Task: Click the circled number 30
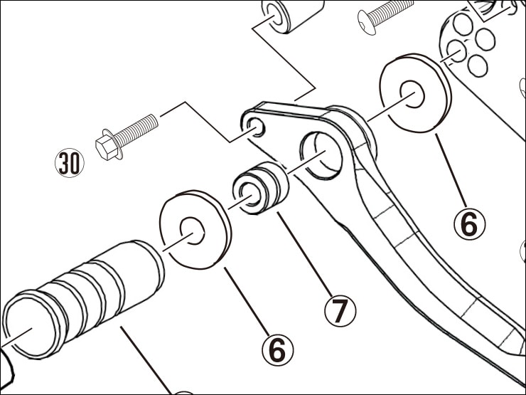click(x=70, y=162)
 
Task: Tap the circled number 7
click(x=340, y=311)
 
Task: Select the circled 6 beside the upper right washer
click(x=469, y=223)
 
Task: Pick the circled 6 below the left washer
click(x=277, y=349)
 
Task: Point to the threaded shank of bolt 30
click(x=137, y=129)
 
